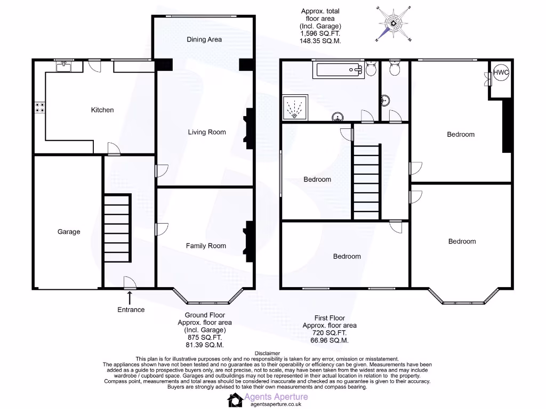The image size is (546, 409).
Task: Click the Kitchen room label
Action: [102, 110]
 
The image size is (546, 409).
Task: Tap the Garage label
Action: [69, 232]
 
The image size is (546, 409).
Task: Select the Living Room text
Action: [207, 132]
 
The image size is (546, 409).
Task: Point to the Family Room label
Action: [206, 246]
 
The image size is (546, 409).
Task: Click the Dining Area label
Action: [204, 39]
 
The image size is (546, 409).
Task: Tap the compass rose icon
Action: [394, 23]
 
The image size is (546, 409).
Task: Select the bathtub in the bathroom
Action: [340, 69]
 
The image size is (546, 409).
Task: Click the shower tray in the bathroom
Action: [295, 109]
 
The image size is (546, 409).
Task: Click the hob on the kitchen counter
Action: [39, 108]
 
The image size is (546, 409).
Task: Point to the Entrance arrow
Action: [130, 297]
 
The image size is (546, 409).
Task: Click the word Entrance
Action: [131, 309]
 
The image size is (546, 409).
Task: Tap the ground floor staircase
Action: [117, 226]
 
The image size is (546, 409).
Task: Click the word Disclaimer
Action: [267, 353]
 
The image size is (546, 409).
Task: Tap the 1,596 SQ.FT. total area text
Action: [320, 33]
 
